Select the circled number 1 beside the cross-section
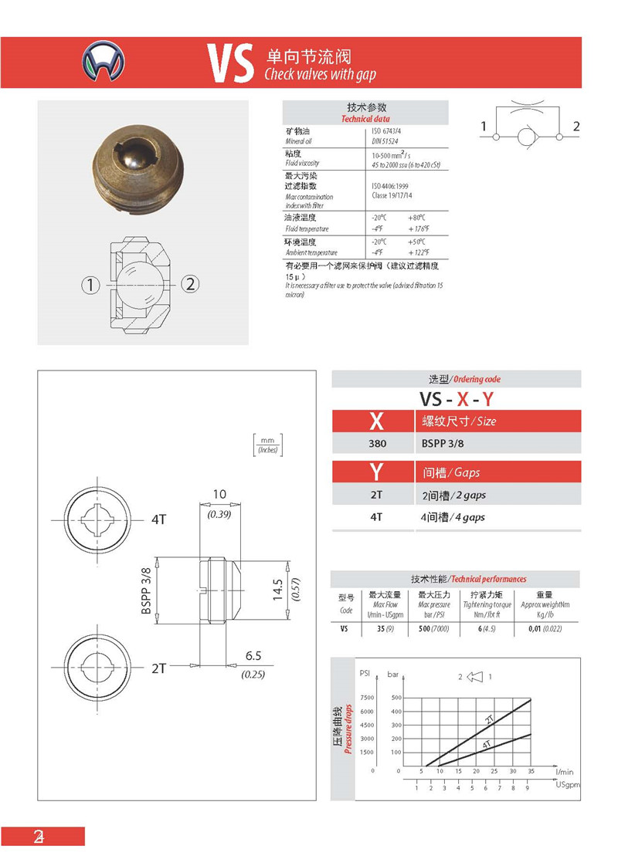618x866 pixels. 90,285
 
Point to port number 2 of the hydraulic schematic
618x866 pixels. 576,127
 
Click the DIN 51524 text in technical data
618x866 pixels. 385,141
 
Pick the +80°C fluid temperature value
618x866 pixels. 417,218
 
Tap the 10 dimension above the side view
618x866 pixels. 219,494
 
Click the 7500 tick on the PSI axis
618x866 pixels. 367,697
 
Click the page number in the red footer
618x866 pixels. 39,837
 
